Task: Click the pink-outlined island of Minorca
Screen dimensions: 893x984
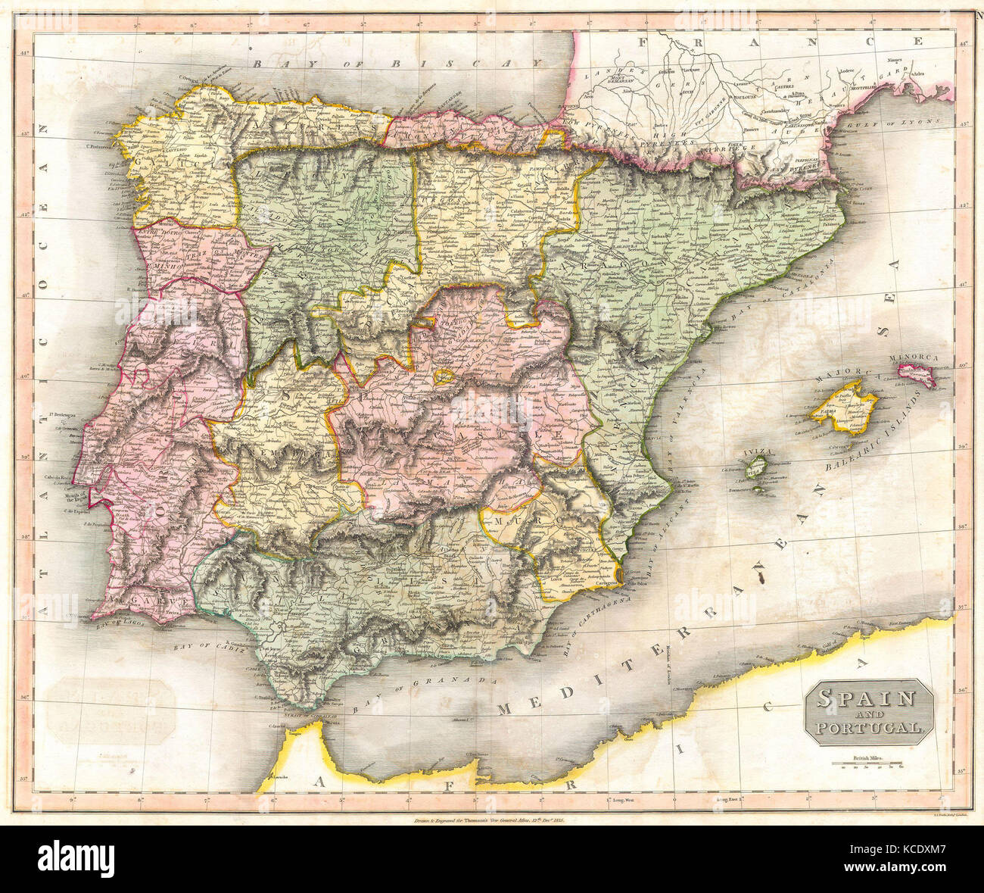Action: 917,375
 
